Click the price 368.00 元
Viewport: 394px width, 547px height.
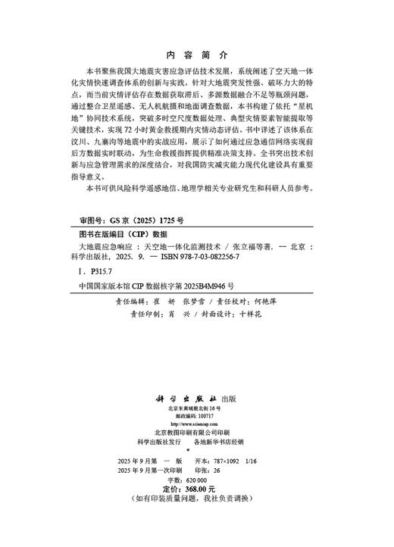pos(211,489)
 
